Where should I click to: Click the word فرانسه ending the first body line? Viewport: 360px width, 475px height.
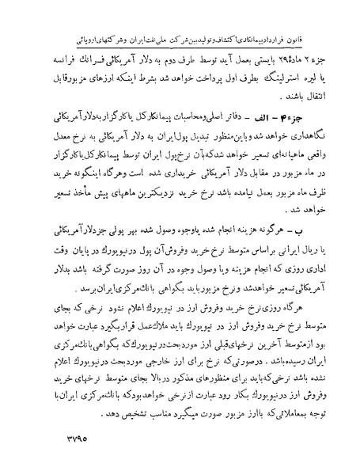[x=46, y=34]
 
